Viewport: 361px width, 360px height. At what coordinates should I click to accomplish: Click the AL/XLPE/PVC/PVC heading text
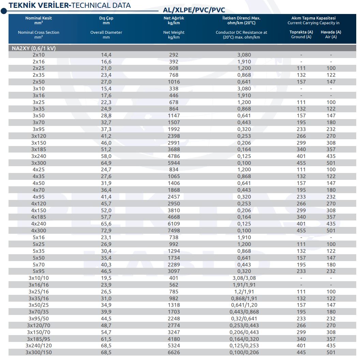194,10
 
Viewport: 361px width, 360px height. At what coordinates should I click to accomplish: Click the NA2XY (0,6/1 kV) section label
34,48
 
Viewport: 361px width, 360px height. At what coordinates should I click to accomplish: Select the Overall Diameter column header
106,34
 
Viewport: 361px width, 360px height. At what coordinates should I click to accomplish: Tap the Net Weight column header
174,34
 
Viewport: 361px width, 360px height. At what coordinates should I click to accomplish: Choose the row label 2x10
39,55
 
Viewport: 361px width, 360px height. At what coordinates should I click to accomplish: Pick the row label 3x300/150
39,352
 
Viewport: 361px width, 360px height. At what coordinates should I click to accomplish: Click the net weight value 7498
174,230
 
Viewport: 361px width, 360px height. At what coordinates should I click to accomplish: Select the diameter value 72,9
106,230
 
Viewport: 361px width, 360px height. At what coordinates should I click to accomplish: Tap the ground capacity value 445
301,352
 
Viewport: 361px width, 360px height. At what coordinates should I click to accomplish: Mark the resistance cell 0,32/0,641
244,318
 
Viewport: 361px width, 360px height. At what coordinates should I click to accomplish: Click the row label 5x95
39,271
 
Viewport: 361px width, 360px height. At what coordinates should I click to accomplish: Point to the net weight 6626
174,352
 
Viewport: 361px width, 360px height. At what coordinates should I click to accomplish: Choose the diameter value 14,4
106,55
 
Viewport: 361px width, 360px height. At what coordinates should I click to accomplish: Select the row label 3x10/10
39,278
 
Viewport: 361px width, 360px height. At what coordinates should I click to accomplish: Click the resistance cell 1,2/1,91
244,291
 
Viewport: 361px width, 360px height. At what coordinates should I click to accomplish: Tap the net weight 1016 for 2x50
174,82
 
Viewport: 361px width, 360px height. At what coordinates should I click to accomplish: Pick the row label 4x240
39,224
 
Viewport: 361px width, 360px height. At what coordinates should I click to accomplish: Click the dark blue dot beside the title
4,11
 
